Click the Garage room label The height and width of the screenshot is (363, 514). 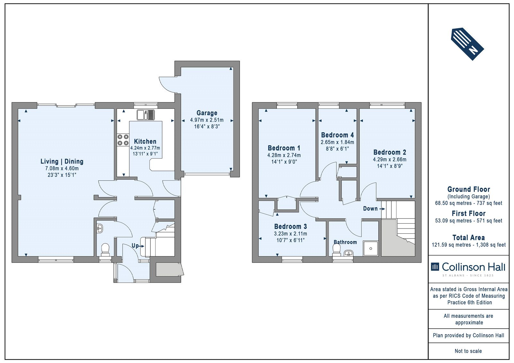tap(207, 113)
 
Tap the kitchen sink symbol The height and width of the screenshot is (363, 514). tap(146, 115)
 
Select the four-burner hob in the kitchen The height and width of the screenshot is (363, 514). tap(123, 140)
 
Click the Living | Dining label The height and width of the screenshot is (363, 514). tap(62, 161)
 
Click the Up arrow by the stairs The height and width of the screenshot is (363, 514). tap(141, 246)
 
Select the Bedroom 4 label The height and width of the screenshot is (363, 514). tap(337, 135)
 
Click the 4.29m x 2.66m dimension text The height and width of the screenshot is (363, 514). tap(390, 160)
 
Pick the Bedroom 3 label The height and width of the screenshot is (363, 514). tap(290, 226)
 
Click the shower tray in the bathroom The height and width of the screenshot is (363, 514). tap(371, 248)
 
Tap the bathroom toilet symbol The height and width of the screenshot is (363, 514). tap(337, 249)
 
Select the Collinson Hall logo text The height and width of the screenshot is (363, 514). tap(474, 267)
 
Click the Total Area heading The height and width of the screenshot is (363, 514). tap(469, 238)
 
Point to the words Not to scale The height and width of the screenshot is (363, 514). tap(468, 351)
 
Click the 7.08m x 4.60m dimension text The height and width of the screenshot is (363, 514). tap(62, 169)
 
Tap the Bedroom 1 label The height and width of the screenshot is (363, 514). tap(284, 148)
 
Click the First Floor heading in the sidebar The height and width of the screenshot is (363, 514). tap(469, 213)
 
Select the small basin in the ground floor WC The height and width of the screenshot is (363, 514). tap(100, 229)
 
